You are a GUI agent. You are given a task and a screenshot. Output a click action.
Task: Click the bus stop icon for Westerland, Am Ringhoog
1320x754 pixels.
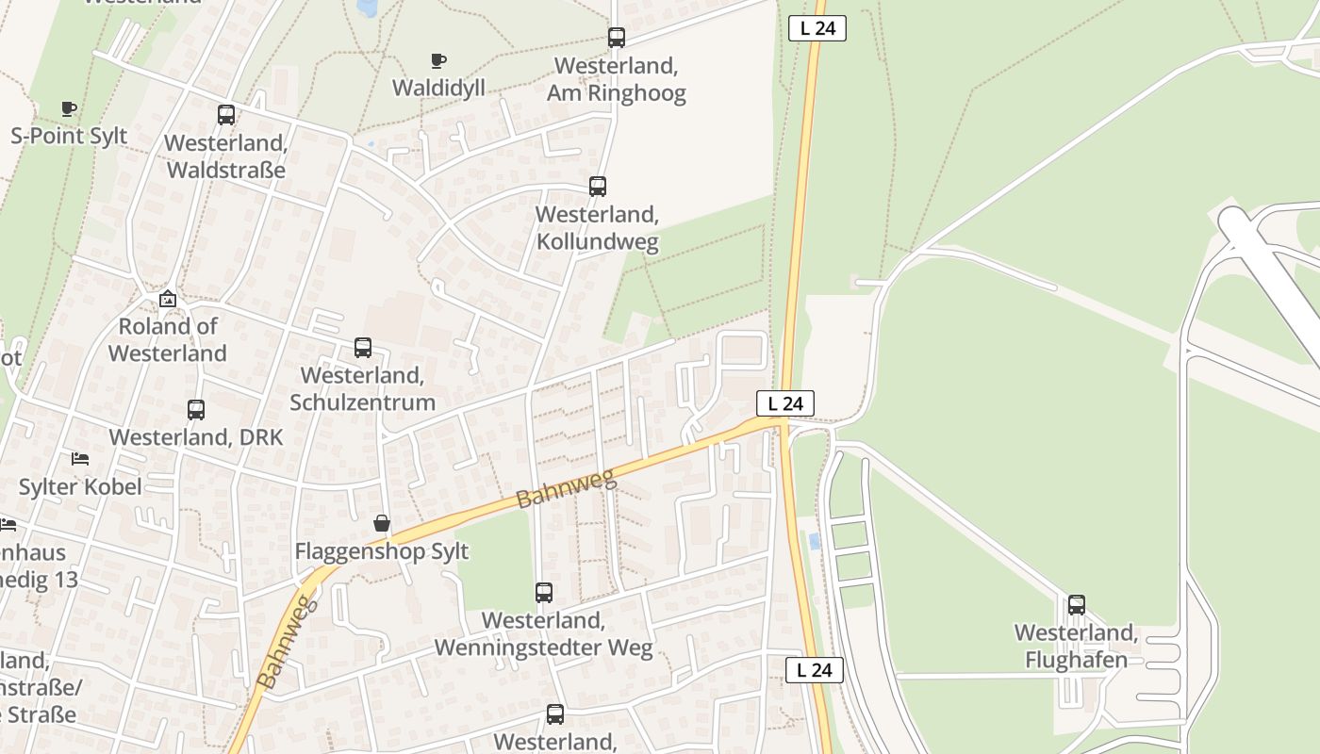coord(616,38)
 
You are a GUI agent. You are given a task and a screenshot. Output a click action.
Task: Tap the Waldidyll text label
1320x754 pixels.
coord(438,88)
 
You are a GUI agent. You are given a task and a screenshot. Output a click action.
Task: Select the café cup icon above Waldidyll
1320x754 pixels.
coord(437,61)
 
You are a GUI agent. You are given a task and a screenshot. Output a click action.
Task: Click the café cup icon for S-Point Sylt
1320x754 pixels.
coord(68,108)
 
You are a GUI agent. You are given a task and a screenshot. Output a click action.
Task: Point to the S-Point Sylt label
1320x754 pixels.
coord(69,135)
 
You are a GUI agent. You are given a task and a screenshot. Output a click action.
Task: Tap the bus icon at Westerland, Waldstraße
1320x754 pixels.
coord(226,115)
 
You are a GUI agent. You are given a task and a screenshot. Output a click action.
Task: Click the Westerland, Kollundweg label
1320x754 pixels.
coord(597,227)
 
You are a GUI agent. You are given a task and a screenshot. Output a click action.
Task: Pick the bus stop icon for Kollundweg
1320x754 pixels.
coord(597,187)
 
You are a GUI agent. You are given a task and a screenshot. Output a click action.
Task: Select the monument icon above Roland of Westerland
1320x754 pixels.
coord(168,300)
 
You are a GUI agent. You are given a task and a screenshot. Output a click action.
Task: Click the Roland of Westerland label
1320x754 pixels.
coord(168,339)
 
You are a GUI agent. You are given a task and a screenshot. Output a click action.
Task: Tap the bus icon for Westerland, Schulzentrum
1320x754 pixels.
coord(363,348)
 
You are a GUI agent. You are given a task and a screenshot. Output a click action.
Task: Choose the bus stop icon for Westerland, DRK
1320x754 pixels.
coord(196,410)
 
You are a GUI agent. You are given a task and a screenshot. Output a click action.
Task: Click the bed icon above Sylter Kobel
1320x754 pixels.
coord(80,459)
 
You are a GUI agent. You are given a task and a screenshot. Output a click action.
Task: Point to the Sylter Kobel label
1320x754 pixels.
coord(80,486)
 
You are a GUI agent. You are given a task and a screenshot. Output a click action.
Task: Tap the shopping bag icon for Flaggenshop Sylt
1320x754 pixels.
coord(382,523)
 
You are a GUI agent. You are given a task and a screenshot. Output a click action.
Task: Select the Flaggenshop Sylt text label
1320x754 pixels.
coord(382,550)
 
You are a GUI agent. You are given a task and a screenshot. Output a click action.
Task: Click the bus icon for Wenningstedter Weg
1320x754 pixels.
coord(544,593)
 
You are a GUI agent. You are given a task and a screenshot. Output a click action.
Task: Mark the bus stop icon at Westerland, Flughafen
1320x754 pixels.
coord(1076,605)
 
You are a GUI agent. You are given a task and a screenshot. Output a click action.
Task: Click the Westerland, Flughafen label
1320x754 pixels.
coord(1076,646)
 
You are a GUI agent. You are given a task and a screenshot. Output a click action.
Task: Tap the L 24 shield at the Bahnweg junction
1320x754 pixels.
coord(784,403)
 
